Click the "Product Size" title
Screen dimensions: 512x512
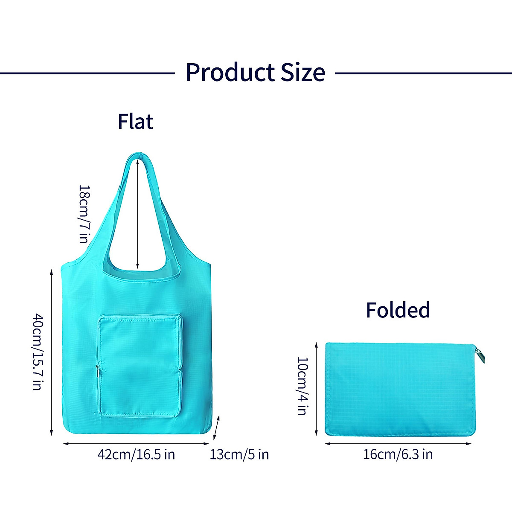point(255,72)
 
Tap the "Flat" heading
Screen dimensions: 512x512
point(135,122)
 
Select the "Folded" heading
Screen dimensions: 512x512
point(398,310)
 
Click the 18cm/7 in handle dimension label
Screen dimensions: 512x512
point(84,214)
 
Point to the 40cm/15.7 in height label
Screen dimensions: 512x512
point(38,352)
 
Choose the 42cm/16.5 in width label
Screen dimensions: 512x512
point(136,454)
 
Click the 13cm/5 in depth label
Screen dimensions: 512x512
point(239,454)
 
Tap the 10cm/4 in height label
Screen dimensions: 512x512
point(302,386)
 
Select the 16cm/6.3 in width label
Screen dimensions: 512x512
point(398,454)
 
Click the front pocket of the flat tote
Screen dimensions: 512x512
point(140,366)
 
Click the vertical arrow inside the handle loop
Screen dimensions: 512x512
point(137,213)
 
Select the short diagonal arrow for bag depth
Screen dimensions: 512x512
point(217,427)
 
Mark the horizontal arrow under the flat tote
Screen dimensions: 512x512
point(136,444)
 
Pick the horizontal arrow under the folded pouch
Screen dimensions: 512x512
point(398,444)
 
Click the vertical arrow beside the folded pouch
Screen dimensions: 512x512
point(316,389)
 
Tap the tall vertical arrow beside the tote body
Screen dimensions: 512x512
point(52,352)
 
